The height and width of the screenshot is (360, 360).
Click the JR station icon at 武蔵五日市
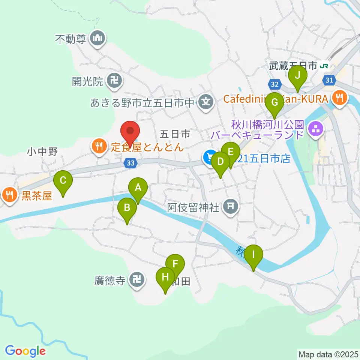324,66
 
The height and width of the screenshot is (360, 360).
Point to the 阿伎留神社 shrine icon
230,207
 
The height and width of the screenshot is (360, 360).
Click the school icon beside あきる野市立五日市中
205,102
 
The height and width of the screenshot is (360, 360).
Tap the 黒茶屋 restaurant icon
9,195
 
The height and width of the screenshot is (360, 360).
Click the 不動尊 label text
70,39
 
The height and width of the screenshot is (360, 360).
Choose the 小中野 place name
42,152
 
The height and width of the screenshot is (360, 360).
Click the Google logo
25,351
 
